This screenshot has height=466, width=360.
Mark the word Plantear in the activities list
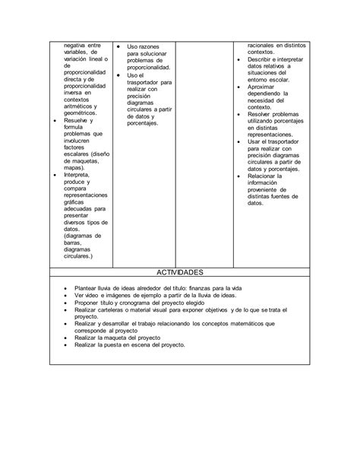pos(89,289)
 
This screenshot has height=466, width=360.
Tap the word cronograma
pos(140,303)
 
